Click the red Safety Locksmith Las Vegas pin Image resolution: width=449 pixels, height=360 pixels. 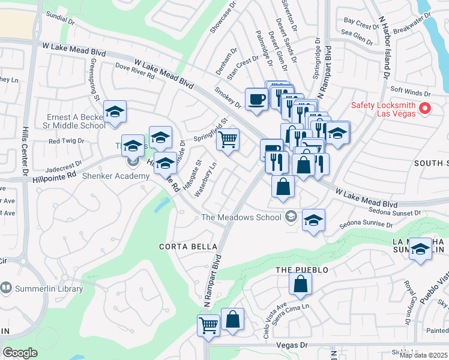(x=426, y=109)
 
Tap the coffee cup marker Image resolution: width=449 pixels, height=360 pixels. (x=256, y=99)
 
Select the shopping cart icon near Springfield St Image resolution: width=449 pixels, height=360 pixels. (x=228, y=140)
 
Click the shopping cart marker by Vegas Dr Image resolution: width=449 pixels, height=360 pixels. (x=208, y=325)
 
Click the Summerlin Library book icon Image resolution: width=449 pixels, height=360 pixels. (x=6, y=289)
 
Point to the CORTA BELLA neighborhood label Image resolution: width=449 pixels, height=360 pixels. (x=182, y=247)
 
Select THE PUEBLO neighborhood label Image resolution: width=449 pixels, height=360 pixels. (x=302, y=270)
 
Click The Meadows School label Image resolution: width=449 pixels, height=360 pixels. (x=243, y=217)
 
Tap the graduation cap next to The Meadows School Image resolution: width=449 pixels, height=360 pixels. (x=313, y=220)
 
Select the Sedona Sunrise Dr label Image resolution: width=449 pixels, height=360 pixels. (x=366, y=224)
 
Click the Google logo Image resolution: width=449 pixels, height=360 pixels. (x=20, y=353)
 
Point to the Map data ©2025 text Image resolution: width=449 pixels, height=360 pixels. (x=423, y=355)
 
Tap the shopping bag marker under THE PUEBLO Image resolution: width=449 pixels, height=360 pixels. (x=300, y=284)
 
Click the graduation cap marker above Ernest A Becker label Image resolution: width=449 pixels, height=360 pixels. (x=115, y=112)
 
